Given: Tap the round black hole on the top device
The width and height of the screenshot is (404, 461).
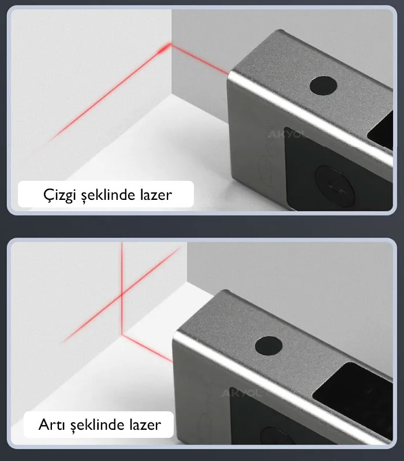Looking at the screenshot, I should click(323, 87).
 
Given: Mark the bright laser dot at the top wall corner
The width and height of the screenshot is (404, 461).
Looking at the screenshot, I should click(169, 47).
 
